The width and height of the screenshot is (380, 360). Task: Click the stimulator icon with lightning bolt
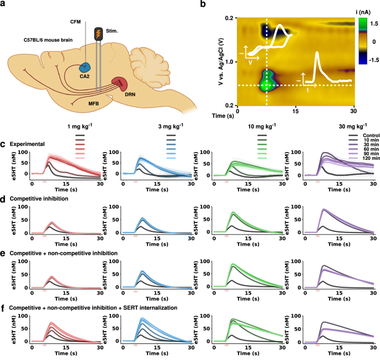99,34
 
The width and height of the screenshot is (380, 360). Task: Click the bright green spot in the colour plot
266,82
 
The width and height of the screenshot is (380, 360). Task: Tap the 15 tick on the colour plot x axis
296,110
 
